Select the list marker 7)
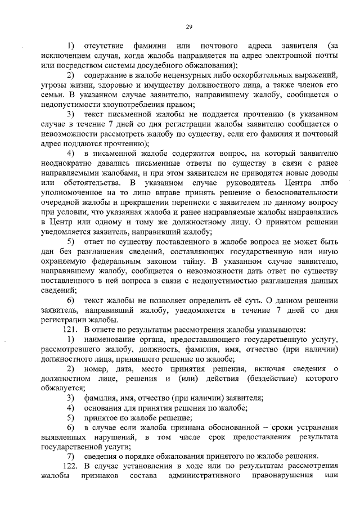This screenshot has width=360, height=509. (71, 456)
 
